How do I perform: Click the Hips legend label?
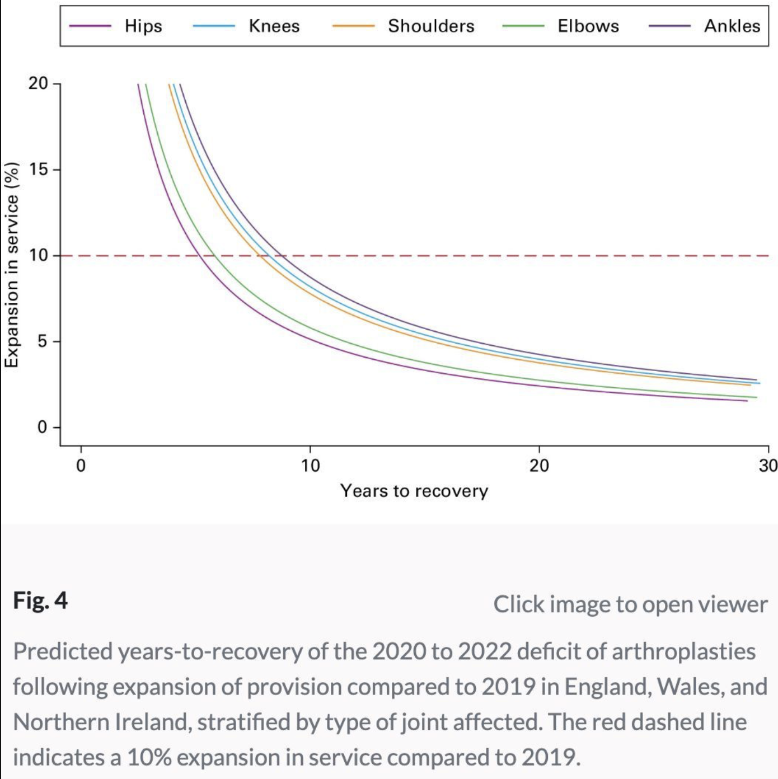(143, 26)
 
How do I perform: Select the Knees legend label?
(274, 26)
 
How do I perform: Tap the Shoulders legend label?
(431, 26)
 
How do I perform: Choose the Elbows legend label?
(588, 26)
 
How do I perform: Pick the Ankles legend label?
(732, 26)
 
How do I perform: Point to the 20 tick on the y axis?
(38, 83)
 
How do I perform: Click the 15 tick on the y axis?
(38, 170)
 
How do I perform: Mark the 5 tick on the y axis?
(43, 341)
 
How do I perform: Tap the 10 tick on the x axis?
(310, 465)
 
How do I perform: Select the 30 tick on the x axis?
(768, 465)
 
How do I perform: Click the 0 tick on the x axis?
(81, 465)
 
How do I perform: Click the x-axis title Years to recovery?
(414, 491)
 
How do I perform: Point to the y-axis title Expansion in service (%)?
(12, 265)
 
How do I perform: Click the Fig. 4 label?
(40, 600)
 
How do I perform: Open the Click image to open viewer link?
(630, 604)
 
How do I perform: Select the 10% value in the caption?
(149, 757)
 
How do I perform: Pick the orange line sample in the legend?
(353, 26)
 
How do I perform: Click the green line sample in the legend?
(523, 26)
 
